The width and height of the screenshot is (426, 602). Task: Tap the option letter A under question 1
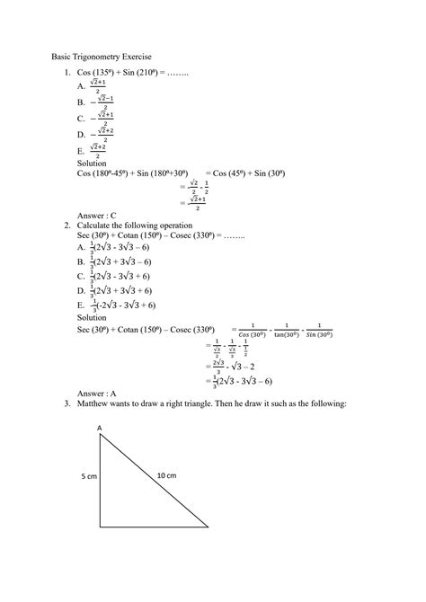click(81, 87)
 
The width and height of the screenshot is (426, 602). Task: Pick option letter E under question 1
click(81, 152)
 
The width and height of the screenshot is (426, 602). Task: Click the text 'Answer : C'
click(97, 216)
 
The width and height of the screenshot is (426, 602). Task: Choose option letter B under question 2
click(81, 261)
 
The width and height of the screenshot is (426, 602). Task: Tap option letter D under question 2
click(81, 290)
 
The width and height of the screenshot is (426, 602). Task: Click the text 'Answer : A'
click(97, 393)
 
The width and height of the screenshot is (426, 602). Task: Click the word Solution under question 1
click(93, 164)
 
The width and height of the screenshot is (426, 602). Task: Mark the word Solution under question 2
click(93, 318)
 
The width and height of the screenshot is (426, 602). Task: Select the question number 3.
click(67, 403)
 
